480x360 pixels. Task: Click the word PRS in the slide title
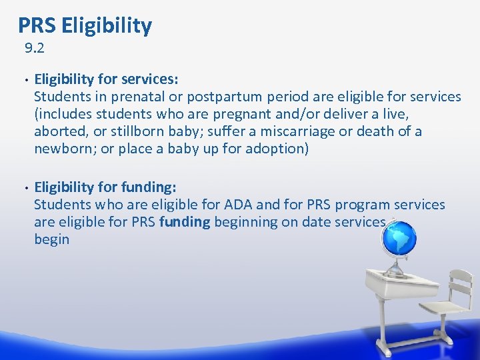pos(37,25)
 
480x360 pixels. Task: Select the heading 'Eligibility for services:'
pos(106,79)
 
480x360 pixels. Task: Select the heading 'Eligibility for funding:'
pos(105,187)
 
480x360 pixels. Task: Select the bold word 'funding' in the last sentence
pos(184,222)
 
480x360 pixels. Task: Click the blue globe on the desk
pos(398,237)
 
